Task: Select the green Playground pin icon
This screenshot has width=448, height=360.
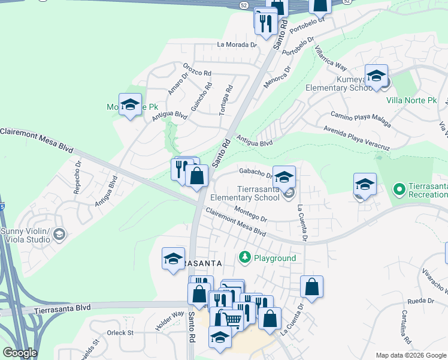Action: coord(244,257)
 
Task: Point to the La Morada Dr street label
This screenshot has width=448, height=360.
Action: coord(237,44)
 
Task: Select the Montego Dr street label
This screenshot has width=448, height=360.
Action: coord(250,214)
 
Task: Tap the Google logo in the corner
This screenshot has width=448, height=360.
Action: coord(20,353)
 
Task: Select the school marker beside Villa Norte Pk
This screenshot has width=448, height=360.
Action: coord(376,76)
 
